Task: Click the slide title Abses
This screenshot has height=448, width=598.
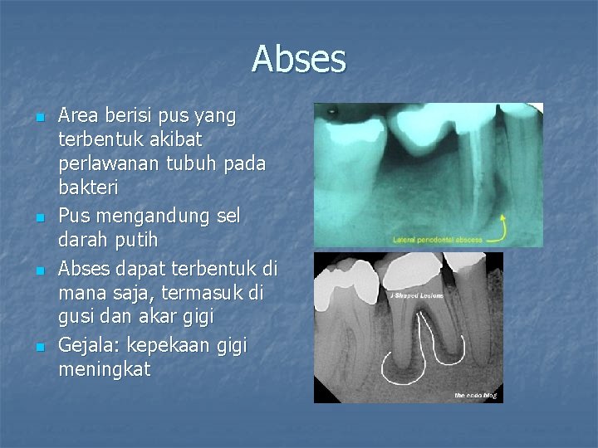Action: [x=299, y=59]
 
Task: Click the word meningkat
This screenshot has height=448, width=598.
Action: [x=105, y=369]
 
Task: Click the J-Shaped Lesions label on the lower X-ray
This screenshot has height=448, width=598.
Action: [x=416, y=295]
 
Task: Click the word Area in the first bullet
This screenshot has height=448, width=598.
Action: [x=78, y=115]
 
